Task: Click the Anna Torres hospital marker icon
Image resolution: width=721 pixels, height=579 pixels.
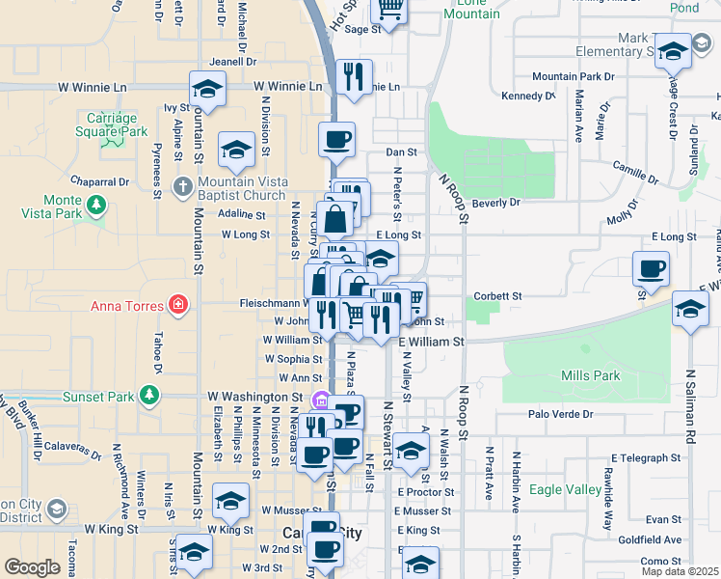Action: pyautogui.click(x=177, y=306)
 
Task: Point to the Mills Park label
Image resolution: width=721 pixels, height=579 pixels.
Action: pyautogui.click(x=591, y=375)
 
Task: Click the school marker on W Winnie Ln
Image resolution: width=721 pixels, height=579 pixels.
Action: pyautogui.click(x=206, y=90)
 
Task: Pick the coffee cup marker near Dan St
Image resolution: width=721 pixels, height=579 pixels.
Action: pyautogui.click(x=337, y=139)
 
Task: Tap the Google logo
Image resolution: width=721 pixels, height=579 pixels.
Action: pyautogui.click(x=32, y=567)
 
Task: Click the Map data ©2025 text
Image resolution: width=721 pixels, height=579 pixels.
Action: pyautogui.click(x=680, y=571)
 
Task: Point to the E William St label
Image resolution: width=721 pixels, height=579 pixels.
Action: pyautogui.click(x=431, y=342)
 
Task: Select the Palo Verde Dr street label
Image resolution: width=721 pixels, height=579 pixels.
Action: pyautogui.click(x=564, y=414)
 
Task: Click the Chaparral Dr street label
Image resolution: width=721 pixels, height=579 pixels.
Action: pyautogui.click(x=99, y=181)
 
